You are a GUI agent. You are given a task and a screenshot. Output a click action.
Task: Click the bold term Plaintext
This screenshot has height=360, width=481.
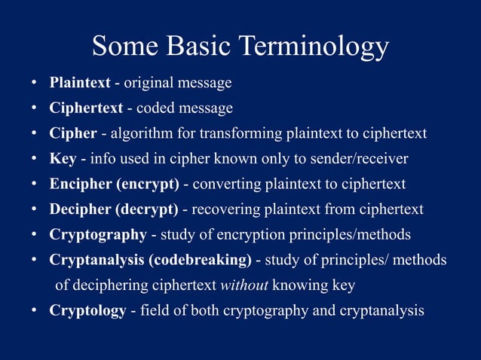[80, 82]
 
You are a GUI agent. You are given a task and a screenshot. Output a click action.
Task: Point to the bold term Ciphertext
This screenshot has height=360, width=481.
[86, 108]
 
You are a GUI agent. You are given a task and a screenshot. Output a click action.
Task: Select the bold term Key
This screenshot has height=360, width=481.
[63, 158]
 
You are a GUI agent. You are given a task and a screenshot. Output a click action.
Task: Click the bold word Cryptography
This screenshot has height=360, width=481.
[98, 234]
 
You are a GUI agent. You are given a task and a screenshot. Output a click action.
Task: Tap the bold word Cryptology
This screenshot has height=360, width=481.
[87, 310]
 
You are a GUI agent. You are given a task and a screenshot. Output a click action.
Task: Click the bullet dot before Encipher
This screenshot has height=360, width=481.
[34, 185]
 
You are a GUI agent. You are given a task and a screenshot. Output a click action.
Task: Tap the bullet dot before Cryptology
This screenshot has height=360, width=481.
[34, 311]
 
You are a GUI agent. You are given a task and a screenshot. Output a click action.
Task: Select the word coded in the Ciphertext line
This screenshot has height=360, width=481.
[156, 108]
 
